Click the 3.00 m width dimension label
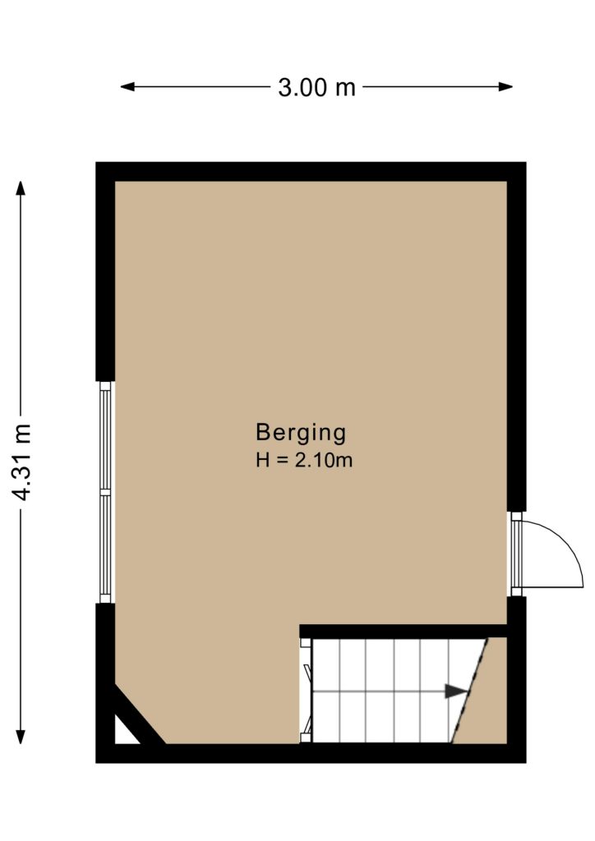pos(316,87)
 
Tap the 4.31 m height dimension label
pos(22,462)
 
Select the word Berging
pos(301,433)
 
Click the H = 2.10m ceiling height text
pos(304,460)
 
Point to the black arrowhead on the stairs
pos(456,692)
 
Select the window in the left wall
pos(105,493)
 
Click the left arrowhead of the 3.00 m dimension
pos(127,87)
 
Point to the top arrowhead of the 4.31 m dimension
pos(21,188)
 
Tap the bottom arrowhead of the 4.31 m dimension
pos(21,737)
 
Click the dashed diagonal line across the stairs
pos(469,691)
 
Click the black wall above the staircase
pos(403,632)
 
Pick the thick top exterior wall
pos(311,172)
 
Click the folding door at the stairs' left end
pos(307,691)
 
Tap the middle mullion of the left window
pos(105,492)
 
